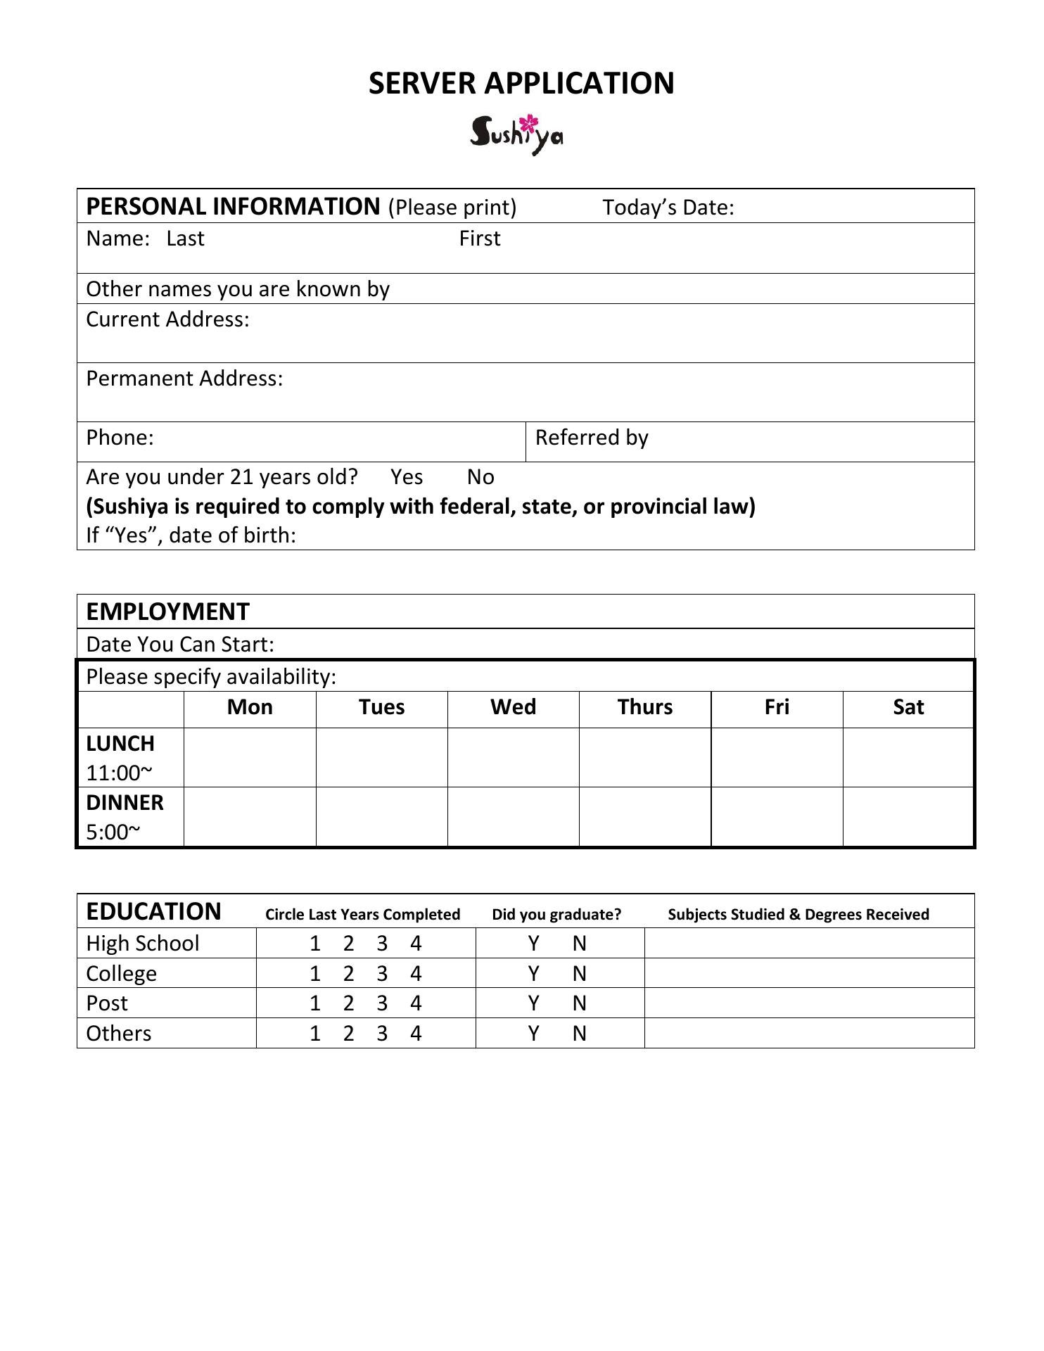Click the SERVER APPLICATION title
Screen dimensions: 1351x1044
pos(521,83)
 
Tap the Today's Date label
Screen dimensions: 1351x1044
pos(668,208)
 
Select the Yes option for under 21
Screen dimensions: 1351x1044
pos(407,477)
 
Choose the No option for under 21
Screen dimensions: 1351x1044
pos(480,477)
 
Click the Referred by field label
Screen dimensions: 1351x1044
pos(592,438)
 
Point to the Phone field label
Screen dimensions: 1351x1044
pos(120,438)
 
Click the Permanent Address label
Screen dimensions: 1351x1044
pos(184,379)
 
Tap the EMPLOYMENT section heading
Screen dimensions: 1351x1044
pos(167,611)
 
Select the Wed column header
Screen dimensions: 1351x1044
pos(513,707)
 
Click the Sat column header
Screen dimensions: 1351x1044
pos(908,707)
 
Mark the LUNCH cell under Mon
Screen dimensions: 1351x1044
pos(250,758)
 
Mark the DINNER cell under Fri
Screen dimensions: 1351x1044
pos(777,817)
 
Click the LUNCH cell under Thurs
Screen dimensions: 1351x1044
pos(644,758)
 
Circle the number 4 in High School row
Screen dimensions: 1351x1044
pos(416,944)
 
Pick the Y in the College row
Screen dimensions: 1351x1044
pos(534,974)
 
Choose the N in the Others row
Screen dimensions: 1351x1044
pos(579,1034)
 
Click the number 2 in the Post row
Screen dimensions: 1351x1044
pos(348,1003)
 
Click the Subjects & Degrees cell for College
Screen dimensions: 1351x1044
pos(809,974)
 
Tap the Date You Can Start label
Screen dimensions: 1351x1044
pos(180,645)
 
